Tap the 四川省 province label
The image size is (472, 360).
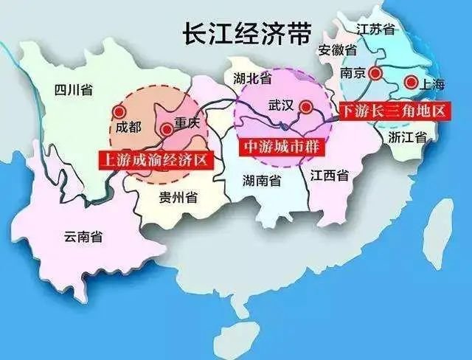point(74,90)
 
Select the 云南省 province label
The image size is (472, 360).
point(83,237)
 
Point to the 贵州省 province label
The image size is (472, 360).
point(178,197)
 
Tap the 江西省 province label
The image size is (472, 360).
point(329,176)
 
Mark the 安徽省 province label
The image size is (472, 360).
point(338,50)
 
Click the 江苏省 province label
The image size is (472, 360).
point(376,30)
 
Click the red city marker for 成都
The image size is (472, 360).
point(119,111)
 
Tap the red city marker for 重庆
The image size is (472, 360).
point(167,129)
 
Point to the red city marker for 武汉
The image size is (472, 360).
point(306,106)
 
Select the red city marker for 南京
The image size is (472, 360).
point(376,73)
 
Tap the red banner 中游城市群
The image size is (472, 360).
point(282,146)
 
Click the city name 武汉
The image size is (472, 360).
point(282,106)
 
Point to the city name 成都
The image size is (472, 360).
point(128,127)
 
